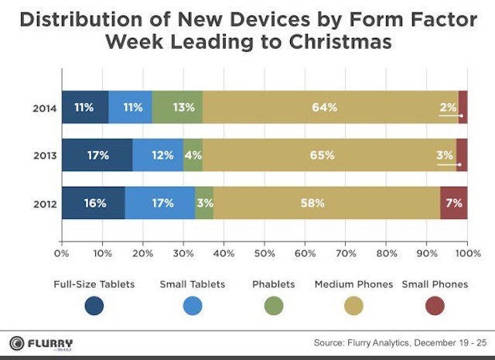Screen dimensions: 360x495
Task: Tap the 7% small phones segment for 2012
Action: click(x=453, y=203)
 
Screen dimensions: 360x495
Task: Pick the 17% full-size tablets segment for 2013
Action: click(x=97, y=155)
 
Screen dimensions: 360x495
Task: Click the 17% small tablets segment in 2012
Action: click(x=160, y=203)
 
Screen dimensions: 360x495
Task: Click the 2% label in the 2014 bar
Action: click(x=448, y=108)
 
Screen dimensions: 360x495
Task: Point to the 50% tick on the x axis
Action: click(x=264, y=252)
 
